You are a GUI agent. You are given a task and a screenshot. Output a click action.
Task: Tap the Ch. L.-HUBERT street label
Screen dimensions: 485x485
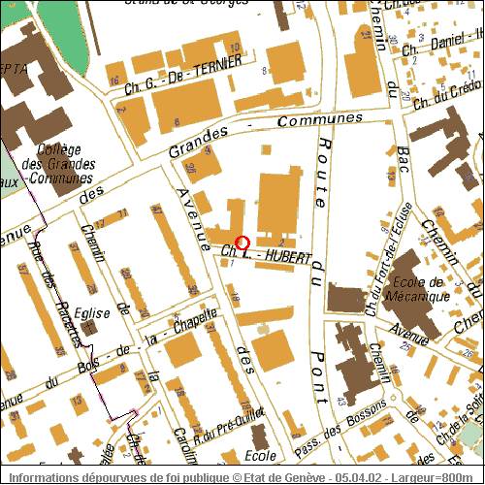pyautogui.click(x=267, y=257)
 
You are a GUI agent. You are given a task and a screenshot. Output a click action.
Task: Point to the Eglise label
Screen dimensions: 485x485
pyautogui.click(x=69, y=314)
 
